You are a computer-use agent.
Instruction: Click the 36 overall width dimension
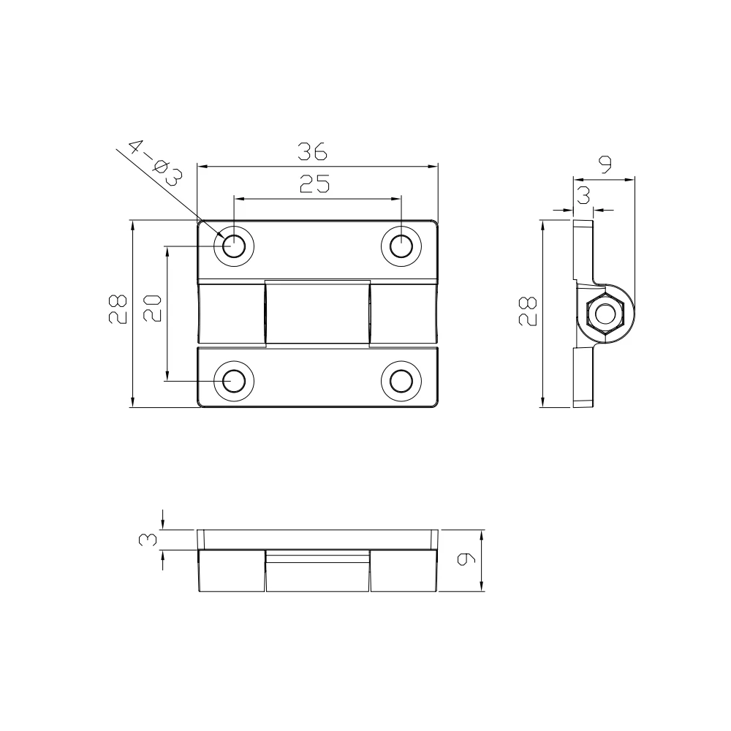click(312, 152)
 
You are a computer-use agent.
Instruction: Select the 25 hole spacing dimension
click(315, 183)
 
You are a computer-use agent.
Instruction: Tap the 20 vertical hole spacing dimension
click(152, 308)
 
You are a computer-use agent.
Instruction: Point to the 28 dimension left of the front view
click(117, 308)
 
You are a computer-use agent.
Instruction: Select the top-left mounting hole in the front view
click(234, 245)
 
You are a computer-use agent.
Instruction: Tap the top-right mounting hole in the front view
click(401, 245)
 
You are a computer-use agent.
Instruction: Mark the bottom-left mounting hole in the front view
click(234, 381)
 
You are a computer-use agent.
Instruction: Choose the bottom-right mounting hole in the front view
click(401, 381)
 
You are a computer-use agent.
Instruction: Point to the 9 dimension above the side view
click(605, 165)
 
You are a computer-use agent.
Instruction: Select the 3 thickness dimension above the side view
click(583, 195)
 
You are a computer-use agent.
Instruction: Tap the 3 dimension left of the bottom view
click(148, 539)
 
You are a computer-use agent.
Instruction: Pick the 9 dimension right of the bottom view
click(465, 560)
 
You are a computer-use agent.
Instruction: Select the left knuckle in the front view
click(230, 314)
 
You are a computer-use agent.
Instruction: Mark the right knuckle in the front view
click(404, 314)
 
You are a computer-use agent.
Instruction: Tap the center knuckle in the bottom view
click(317, 572)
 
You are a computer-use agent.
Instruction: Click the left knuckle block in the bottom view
click(231, 572)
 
